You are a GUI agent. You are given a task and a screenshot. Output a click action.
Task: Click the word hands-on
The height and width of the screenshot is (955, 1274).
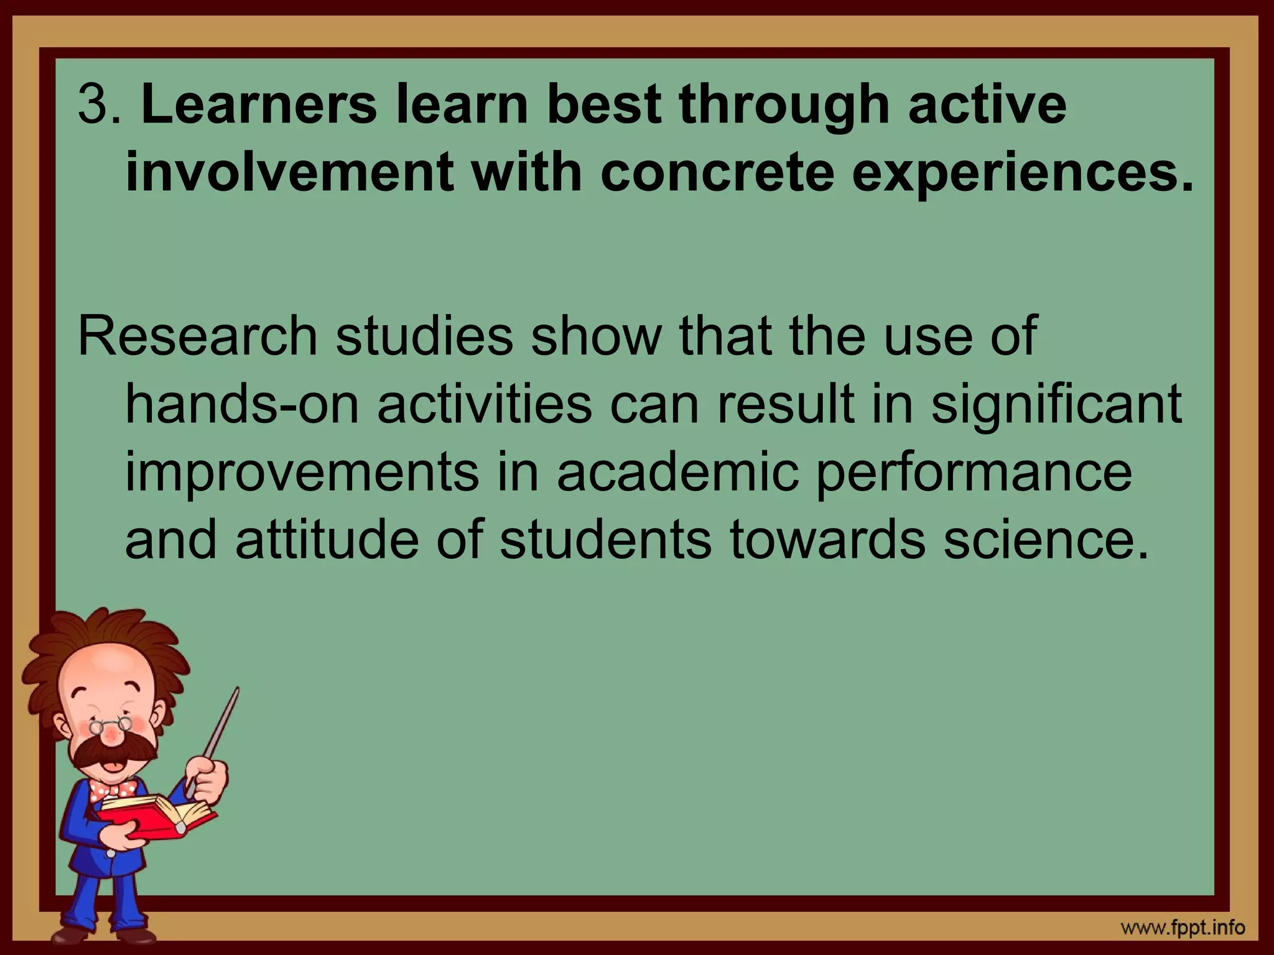(x=243, y=404)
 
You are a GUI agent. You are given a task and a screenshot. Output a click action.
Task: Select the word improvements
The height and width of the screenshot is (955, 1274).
(x=302, y=473)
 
